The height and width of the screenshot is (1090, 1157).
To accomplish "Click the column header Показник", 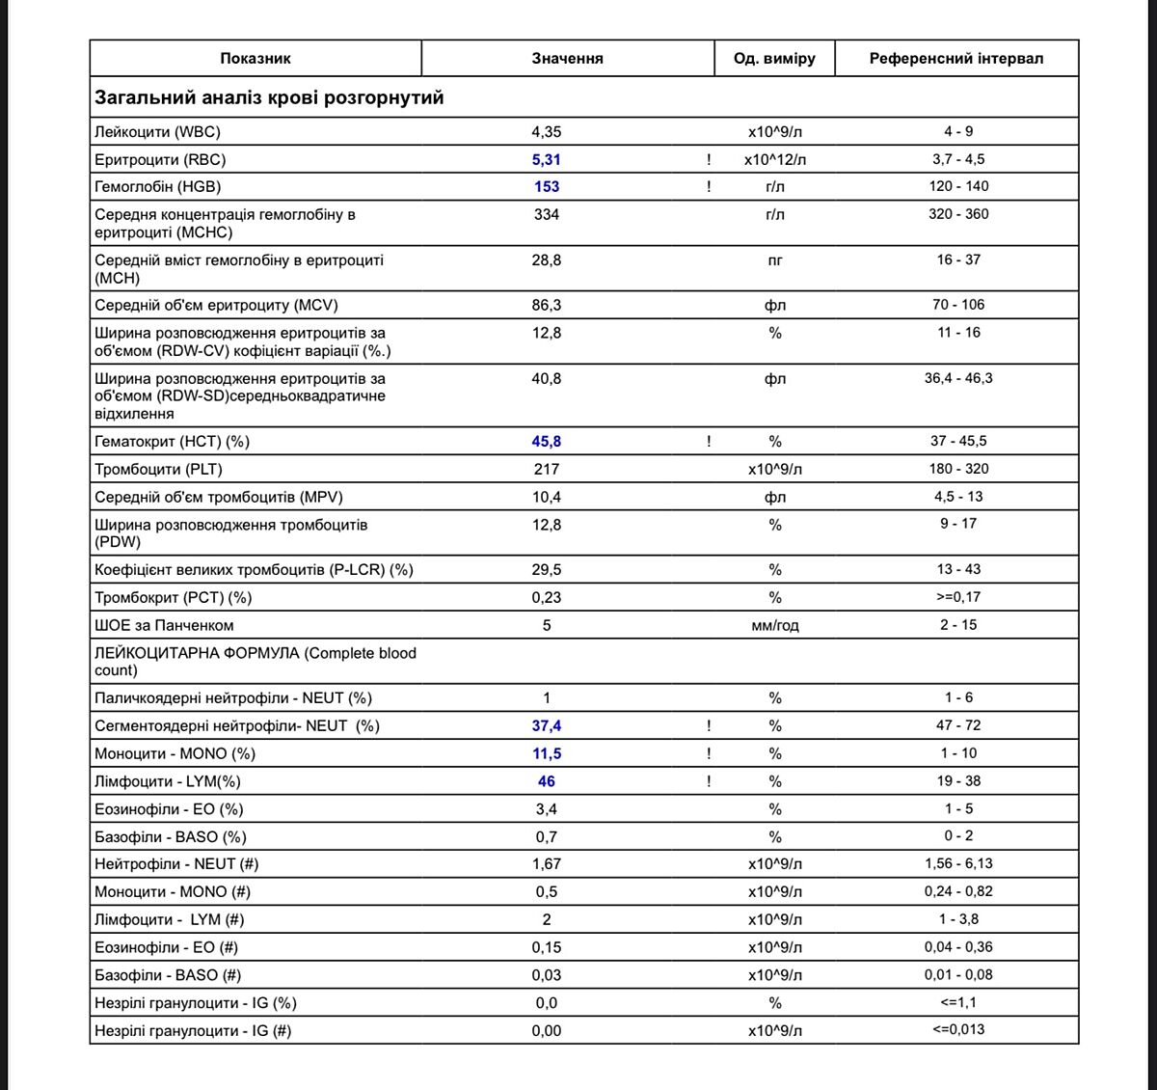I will click(x=256, y=59).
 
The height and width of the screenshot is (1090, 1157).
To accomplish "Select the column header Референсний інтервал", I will click(x=955, y=59).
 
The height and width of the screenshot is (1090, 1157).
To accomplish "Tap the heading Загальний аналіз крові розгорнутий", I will click(x=269, y=98).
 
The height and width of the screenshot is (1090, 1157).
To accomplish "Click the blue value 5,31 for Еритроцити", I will click(x=546, y=160).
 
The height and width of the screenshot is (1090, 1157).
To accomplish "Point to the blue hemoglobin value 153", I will click(x=547, y=187).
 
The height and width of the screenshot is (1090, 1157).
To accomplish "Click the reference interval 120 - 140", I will click(x=958, y=186).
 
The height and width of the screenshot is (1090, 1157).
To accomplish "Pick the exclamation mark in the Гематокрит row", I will click(x=709, y=442).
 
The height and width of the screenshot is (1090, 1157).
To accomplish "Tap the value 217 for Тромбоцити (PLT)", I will click(x=546, y=470).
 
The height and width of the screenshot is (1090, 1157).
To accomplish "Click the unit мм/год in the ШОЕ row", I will click(x=774, y=626).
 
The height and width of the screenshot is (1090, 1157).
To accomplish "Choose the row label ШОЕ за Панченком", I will click(x=164, y=626).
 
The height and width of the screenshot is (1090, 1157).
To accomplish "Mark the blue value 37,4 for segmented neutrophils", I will click(x=546, y=726).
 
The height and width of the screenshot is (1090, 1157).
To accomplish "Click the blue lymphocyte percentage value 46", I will click(x=546, y=782).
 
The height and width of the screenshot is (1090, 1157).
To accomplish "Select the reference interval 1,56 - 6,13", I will click(x=958, y=864).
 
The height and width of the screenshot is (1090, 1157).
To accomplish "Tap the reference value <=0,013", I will click(x=958, y=1030).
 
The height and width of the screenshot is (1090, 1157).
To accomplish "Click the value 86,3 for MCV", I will click(x=546, y=306).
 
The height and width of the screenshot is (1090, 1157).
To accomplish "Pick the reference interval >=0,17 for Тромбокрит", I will click(x=958, y=597).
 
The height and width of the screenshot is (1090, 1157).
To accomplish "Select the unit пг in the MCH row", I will click(x=774, y=260).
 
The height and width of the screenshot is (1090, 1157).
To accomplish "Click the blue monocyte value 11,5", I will click(x=546, y=754).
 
